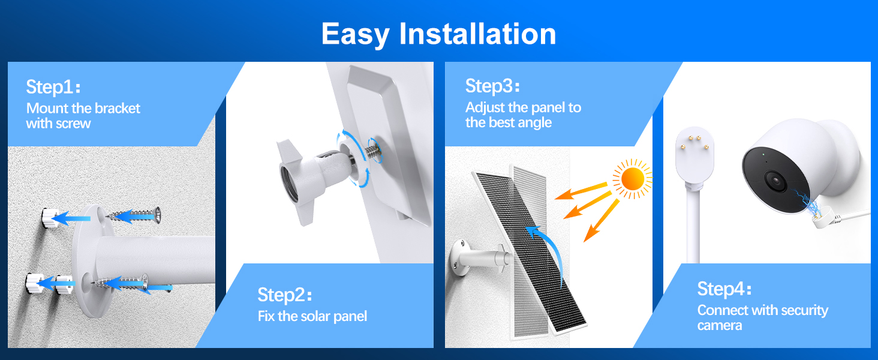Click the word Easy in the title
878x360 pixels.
[355, 35]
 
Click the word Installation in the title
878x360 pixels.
[477, 34]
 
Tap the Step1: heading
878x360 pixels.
[53, 86]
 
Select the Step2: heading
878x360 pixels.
[284, 295]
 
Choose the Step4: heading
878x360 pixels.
[724, 289]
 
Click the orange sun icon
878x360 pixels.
[632, 179]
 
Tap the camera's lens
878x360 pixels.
[775, 181]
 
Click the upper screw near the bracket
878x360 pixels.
[133, 215]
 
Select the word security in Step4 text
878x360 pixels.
[804, 311]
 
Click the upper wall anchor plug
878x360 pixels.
[49, 218]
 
